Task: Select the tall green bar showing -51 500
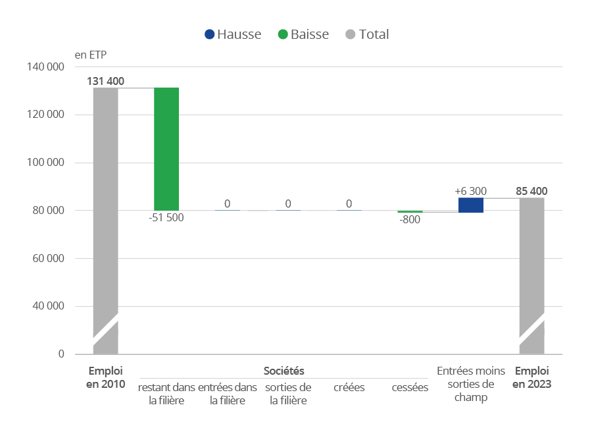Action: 166,149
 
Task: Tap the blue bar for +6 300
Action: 471,205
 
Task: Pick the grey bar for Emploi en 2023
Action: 531,263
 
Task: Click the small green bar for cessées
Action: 410,212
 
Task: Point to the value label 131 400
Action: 105,82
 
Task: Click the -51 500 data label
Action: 166,217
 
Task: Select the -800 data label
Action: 410,220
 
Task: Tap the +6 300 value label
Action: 471,191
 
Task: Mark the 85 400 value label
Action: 531,192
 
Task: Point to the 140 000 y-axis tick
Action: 45,67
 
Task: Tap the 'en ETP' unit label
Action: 90,54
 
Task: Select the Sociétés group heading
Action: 284,371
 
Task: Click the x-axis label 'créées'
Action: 349,387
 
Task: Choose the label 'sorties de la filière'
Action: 288,393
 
